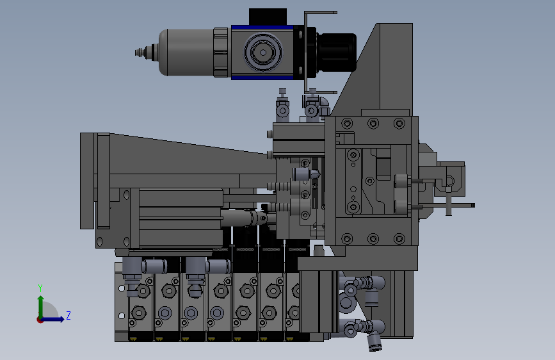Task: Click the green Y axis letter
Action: click(x=40, y=288)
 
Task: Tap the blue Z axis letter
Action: click(x=68, y=315)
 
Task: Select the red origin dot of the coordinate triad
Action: click(x=40, y=320)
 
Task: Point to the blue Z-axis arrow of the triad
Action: click(x=53, y=319)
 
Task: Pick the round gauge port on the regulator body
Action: click(x=263, y=53)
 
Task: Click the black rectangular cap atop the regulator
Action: click(x=268, y=17)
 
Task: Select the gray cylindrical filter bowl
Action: click(x=186, y=53)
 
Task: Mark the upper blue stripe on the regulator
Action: click(x=262, y=28)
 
